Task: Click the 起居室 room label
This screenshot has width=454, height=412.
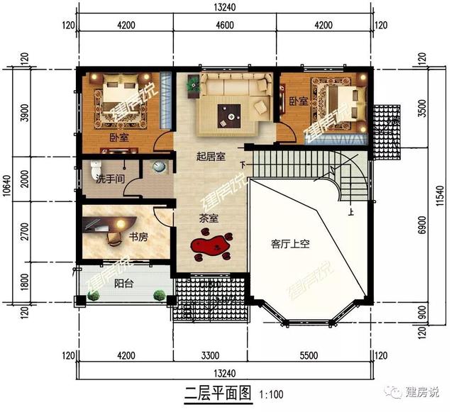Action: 211,157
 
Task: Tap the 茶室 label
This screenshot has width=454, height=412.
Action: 208,219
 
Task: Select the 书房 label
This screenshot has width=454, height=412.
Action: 137,236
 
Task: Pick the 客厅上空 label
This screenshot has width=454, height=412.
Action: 290,243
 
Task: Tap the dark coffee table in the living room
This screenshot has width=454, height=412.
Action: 231,111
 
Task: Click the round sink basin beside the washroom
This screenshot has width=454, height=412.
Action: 160,166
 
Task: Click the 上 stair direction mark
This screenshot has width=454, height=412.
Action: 350,211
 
